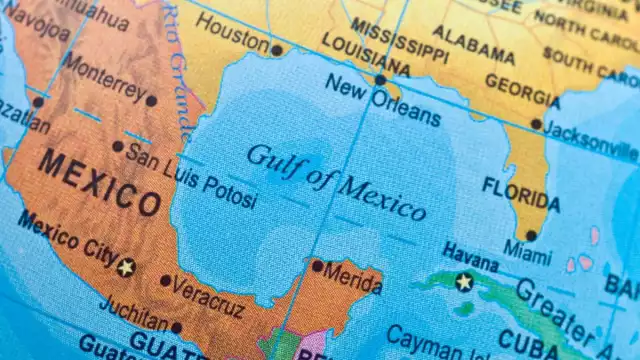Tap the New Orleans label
(381, 98)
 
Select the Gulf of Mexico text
(336, 181)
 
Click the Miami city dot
(531, 236)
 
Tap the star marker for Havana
(463, 282)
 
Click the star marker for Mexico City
(126, 267)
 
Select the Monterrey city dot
(151, 100)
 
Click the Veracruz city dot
(165, 281)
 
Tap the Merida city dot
(317, 266)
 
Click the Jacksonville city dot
(536, 125)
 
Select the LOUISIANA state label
(365, 55)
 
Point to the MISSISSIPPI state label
(399, 38)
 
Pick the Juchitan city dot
(177, 327)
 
